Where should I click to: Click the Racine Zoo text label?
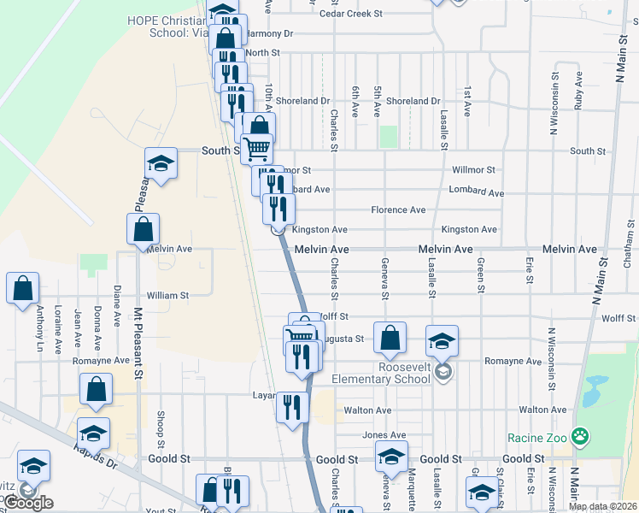536,438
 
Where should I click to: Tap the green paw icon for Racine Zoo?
580,437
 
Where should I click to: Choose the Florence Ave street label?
398,209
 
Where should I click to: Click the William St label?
167,295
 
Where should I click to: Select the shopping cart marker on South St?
256,150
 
